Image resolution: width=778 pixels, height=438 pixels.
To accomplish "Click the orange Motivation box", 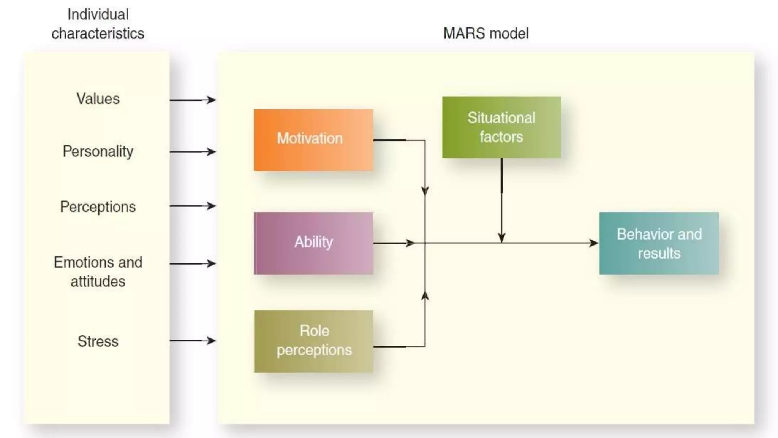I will coord(313,140).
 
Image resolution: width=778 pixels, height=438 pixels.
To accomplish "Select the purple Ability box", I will coord(313,243).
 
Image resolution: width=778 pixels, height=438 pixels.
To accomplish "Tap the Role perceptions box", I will coord(313,341).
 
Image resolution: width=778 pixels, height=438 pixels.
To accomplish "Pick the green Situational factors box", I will coord(501,127).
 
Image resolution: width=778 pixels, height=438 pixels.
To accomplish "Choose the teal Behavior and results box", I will coord(659,243).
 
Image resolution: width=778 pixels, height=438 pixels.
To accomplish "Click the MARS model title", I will coord(486,33).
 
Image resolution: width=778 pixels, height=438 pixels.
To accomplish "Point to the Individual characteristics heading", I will coord(98,24).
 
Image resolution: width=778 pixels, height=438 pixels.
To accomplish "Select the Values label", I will coord(98,99).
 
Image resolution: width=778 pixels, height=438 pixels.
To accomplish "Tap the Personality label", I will coord(98,151).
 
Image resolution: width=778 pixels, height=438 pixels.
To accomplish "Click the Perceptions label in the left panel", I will coord(98,207).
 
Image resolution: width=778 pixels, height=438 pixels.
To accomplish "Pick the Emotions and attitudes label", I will coord(98,272).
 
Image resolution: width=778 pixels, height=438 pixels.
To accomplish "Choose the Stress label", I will coord(98,341).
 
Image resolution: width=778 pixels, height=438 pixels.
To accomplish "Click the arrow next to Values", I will coord(193,100).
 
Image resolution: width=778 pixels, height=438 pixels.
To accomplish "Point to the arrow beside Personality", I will coord(193,152).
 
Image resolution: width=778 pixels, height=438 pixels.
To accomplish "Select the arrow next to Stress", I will coord(193,341).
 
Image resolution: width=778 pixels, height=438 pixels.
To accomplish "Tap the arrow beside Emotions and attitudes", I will coord(193,263).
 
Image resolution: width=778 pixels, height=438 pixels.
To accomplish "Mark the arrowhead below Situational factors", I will coord(501,238).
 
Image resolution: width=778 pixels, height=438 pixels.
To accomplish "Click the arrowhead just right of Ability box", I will coord(410,243).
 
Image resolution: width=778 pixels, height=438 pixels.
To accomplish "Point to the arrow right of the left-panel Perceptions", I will coord(193,206).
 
